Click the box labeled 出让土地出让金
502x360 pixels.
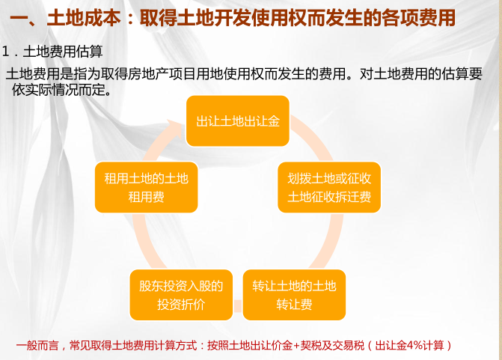pyautogui.click(x=238, y=121)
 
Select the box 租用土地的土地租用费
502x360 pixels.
pyautogui.click(x=147, y=187)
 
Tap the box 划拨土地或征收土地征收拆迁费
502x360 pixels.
pyautogui.click(x=329, y=187)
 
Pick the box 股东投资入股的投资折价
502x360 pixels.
pyautogui.click(x=181, y=295)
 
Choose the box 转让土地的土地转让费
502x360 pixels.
pyautogui.click(x=294, y=295)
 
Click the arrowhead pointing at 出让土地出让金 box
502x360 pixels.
pyautogui.click(x=176, y=128)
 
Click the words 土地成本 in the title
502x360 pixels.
pyautogui.click(x=84, y=18)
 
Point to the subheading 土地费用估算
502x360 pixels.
pyautogui.click(x=63, y=51)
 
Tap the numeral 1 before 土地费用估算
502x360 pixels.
pyautogui.click(x=5, y=51)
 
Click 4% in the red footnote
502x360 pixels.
pyautogui.click(x=415, y=346)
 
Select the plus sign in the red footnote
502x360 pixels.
pyautogui.click(x=296, y=346)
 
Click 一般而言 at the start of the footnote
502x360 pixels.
pyautogui.click(x=37, y=346)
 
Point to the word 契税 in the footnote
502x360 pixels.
pyautogui.click(x=310, y=346)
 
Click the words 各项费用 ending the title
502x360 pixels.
pyautogui.click(x=418, y=18)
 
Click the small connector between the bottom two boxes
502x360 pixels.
pyautogui.click(x=238, y=306)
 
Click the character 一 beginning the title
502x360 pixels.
pyautogui.click(x=19, y=18)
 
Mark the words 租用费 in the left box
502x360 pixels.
pyautogui.click(x=147, y=197)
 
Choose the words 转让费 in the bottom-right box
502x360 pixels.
pyautogui.click(x=294, y=305)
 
